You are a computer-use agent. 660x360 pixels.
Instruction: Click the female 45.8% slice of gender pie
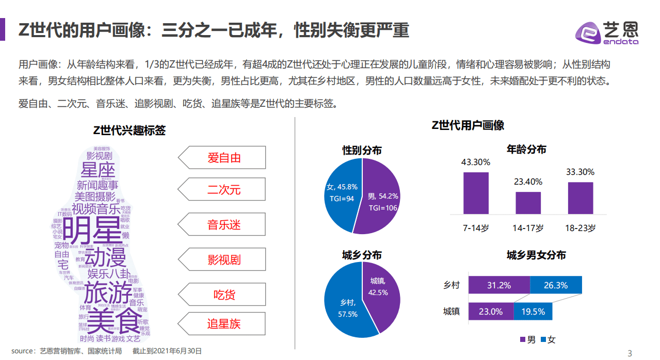(343, 193)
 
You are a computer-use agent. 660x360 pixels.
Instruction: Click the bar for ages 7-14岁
(476, 193)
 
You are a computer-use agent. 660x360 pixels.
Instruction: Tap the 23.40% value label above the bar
(528, 182)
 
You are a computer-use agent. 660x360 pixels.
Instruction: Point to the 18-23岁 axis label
(580, 228)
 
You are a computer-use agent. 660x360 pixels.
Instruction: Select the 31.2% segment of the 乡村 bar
(499, 285)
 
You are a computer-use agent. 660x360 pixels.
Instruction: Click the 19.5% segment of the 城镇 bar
(533, 312)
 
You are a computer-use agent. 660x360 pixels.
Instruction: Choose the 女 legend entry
(548, 339)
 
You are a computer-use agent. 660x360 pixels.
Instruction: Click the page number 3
(629, 353)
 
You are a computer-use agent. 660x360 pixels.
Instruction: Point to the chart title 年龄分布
(526, 150)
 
